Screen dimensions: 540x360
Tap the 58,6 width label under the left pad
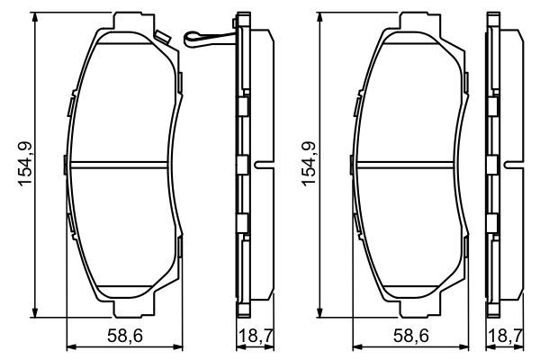[x=125, y=336]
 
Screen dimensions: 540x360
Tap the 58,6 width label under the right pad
[x=411, y=336]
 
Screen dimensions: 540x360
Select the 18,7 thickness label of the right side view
[x=506, y=336]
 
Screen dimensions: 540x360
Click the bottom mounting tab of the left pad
[x=133, y=309]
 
